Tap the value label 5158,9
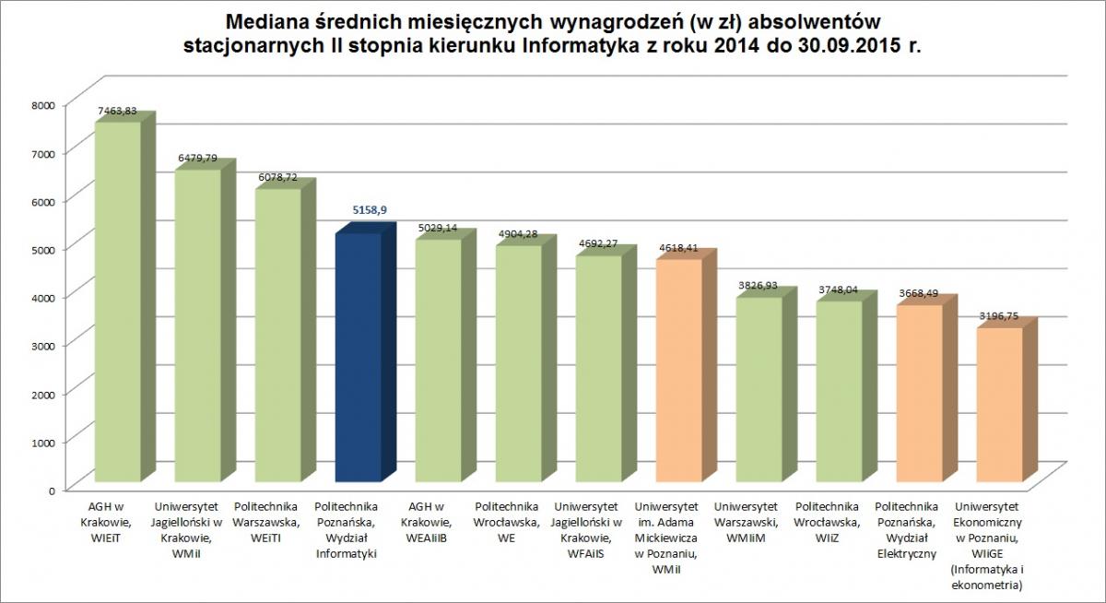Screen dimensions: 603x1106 (x=369, y=210)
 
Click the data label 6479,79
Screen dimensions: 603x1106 (x=198, y=159)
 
